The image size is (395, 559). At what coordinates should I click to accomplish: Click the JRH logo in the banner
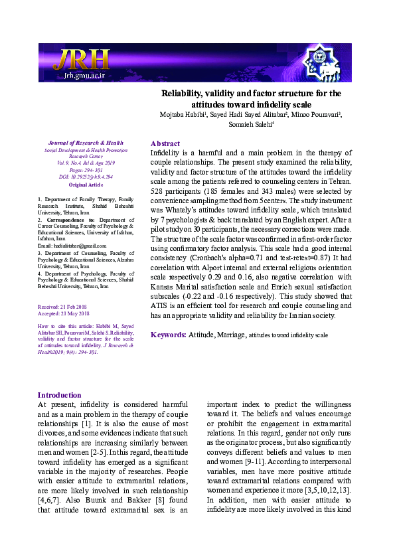[81, 60]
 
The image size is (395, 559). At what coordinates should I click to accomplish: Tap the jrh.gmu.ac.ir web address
[82, 76]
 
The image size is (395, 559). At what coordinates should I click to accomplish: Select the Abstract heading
[165, 143]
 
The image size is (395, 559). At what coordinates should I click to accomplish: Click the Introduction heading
[60, 395]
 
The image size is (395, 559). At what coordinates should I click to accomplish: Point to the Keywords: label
[168, 335]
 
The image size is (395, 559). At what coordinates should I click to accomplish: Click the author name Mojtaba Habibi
[182, 115]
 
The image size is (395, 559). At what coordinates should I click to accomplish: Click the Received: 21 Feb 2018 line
[64, 307]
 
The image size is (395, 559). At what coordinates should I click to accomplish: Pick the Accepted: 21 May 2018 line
[64, 313]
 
